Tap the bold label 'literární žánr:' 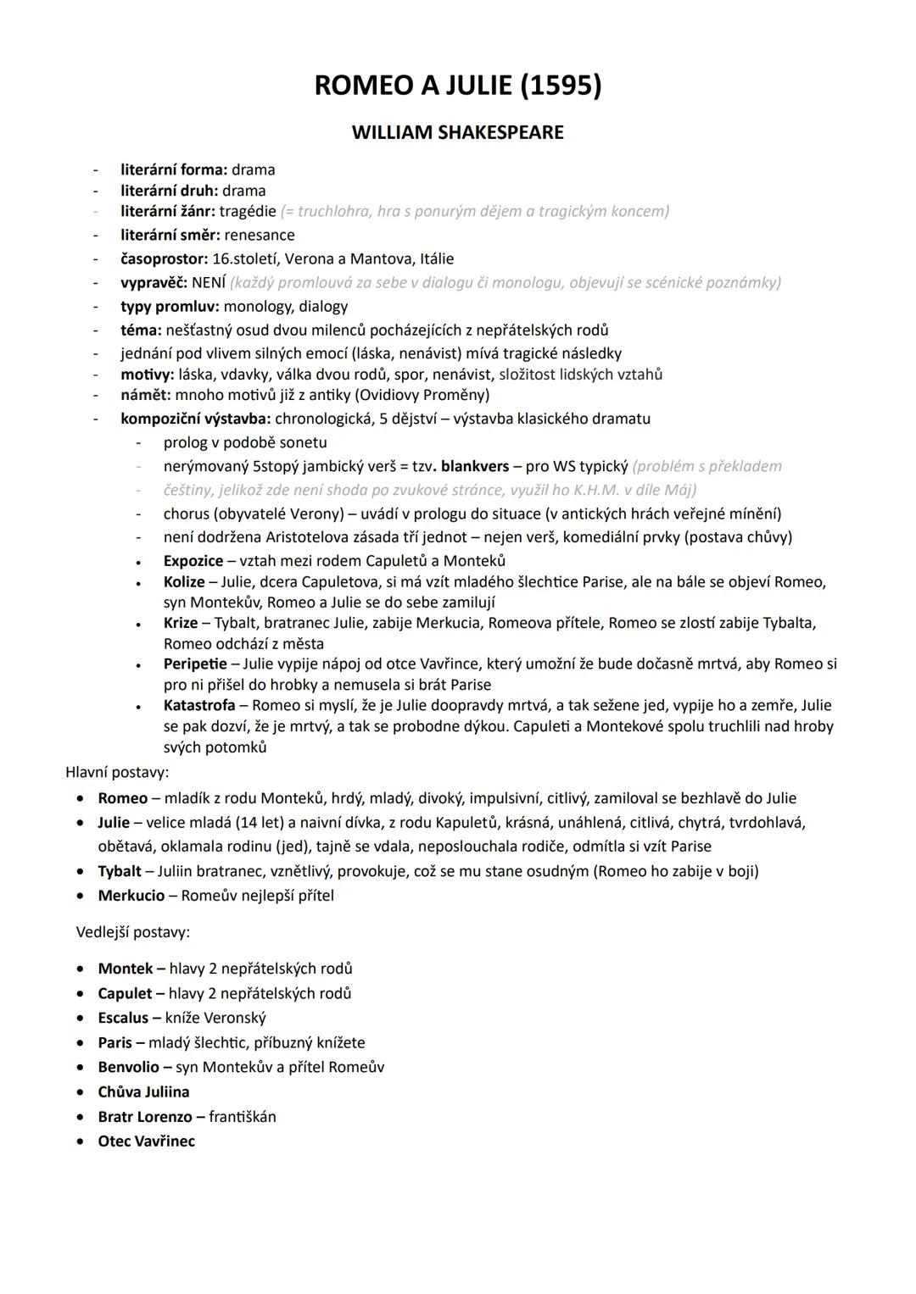(x=168, y=211)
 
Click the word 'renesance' (x=260, y=235)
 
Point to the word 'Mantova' (x=379, y=258)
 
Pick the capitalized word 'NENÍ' (x=209, y=282)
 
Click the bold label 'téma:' (x=141, y=330)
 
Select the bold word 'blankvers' (x=475, y=466)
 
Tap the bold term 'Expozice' (x=193, y=561)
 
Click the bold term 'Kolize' (x=184, y=582)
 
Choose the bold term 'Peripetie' (x=195, y=664)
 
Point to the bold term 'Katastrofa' (x=199, y=705)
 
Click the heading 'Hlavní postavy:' (x=117, y=772)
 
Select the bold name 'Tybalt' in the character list (x=120, y=871)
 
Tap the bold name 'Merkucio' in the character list (x=131, y=896)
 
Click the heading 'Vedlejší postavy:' (x=133, y=932)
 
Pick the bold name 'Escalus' (x=123, y=1018)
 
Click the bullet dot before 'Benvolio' (x=80, y=1068)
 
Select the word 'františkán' (x=243, y=1117)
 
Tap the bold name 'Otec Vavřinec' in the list (x=146, y=1141)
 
